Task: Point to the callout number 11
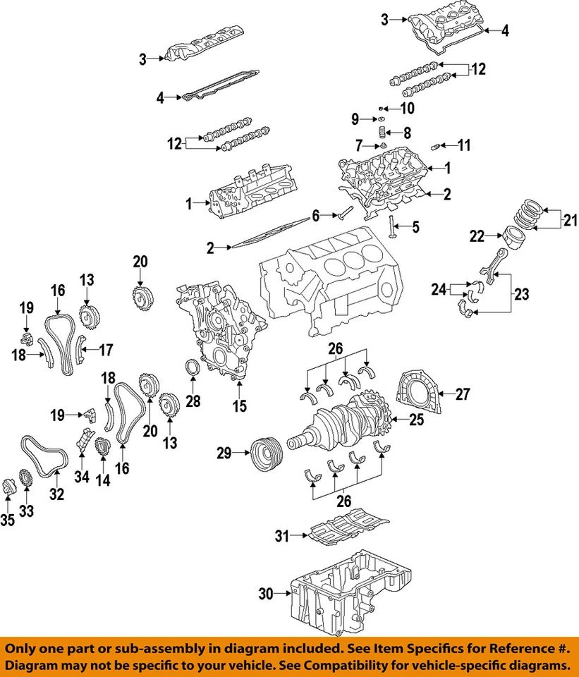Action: pos(463,146)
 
